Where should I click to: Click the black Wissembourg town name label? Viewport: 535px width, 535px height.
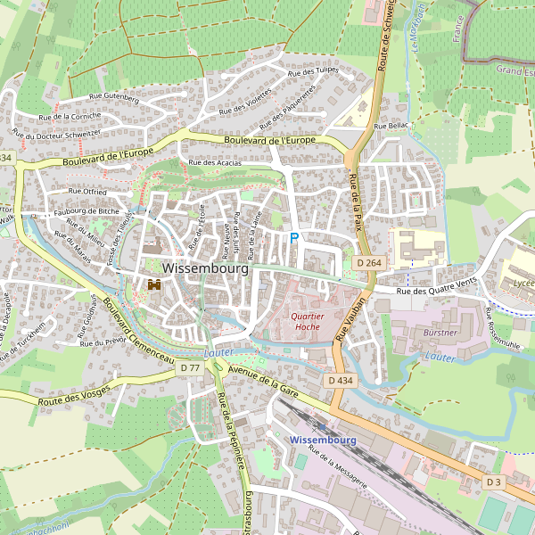pos(205,267)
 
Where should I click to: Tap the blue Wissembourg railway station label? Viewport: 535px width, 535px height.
pos(323,440)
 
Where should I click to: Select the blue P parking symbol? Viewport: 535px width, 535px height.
pos(293,239)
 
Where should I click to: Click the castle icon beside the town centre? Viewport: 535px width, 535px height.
pos(153,284)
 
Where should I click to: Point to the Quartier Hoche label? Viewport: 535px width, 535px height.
pos(306,321)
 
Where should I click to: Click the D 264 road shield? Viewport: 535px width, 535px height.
pos(368,262)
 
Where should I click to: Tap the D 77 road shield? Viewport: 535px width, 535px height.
pos(189,367)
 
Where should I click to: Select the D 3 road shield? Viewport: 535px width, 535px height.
pos(494,481)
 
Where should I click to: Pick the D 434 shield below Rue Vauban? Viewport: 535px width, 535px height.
pos(340,381)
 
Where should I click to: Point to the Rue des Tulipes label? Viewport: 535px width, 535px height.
pos(315,70)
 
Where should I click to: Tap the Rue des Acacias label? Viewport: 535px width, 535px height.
pos(216,163)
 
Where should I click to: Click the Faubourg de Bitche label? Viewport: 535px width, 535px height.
pos(86,210)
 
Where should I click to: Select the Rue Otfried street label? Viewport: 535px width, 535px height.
pos(87,191)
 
